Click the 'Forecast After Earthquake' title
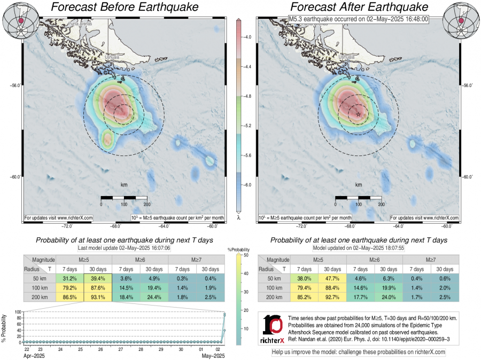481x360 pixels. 359,7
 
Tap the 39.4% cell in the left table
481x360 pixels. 97,279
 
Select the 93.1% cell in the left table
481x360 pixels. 97,298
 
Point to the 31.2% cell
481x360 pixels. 69,279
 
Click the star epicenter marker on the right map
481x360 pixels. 358,114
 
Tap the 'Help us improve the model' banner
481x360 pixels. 358,352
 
